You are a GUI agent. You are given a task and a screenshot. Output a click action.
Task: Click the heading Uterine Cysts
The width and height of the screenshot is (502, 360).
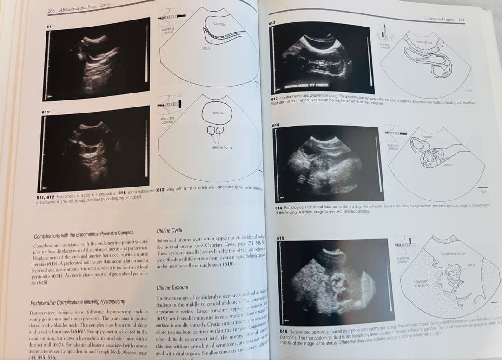(170, 230)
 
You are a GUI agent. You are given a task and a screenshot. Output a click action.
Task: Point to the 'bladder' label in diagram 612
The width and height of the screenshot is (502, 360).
(218, 113)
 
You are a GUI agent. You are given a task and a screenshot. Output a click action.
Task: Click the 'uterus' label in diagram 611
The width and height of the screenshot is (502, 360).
(206, 48)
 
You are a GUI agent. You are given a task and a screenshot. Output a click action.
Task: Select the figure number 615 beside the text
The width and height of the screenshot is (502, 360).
(280, 238)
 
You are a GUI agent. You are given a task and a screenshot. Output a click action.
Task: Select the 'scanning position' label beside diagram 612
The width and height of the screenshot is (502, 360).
(166, 120)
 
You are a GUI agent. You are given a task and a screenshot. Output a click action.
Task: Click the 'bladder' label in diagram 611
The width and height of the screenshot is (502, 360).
(220, 23)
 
